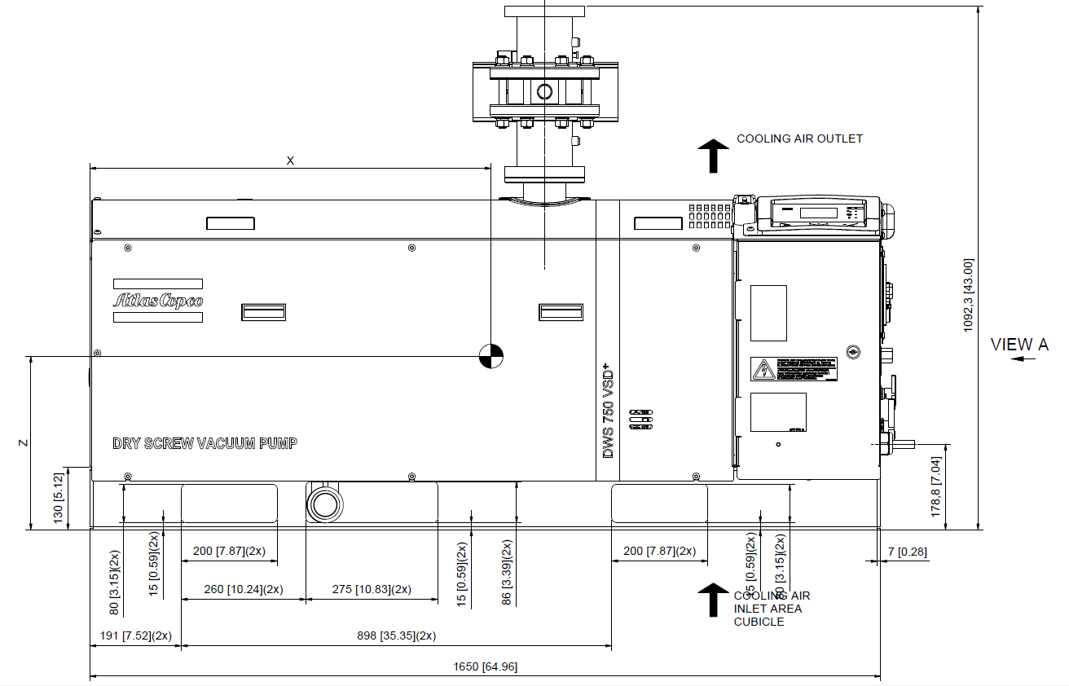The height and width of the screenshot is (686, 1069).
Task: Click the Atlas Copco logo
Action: coord(158,301)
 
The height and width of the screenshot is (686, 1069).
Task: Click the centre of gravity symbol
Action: coord(491,356)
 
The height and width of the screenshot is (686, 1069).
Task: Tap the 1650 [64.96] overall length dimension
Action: coord(485,667)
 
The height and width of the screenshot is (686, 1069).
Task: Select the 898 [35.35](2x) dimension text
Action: coord(397,635)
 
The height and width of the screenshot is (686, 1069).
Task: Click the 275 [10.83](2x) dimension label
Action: coord(372,589)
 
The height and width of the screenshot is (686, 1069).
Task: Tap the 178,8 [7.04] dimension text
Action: coord(936,487)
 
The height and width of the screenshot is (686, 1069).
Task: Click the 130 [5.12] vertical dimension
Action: coord(58,499)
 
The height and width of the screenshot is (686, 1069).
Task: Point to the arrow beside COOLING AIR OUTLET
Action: coord(714,155)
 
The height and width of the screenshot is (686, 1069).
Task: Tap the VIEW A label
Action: coord(1018,345)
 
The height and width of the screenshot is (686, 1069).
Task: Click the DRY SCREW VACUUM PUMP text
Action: coord(205,444)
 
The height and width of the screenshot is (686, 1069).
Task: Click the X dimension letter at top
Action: coord(290,161)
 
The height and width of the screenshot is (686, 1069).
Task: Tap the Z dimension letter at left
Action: coord(24,443)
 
